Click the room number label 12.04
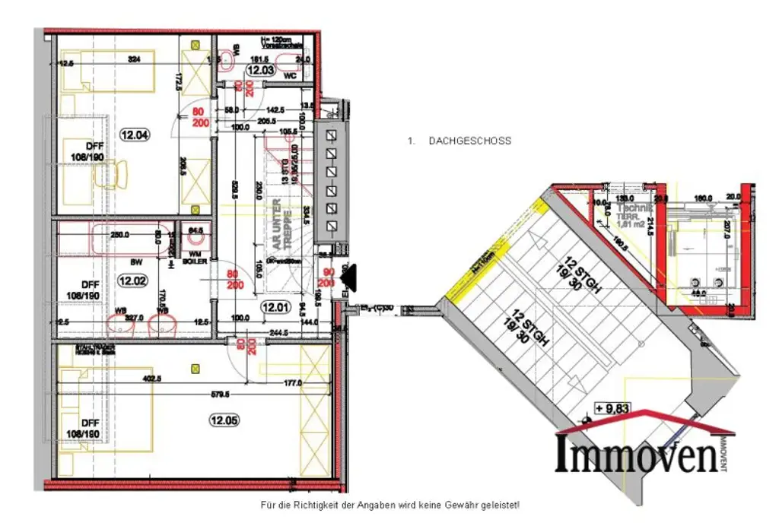(x=135, y=136)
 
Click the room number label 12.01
(x=272, y=308)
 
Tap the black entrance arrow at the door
(x=350, y=279)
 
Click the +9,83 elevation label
(x=614, y=409)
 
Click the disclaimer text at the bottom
(x=389, y=505)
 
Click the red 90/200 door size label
(x=328, y=277)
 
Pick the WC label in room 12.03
(x=288, y=77)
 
